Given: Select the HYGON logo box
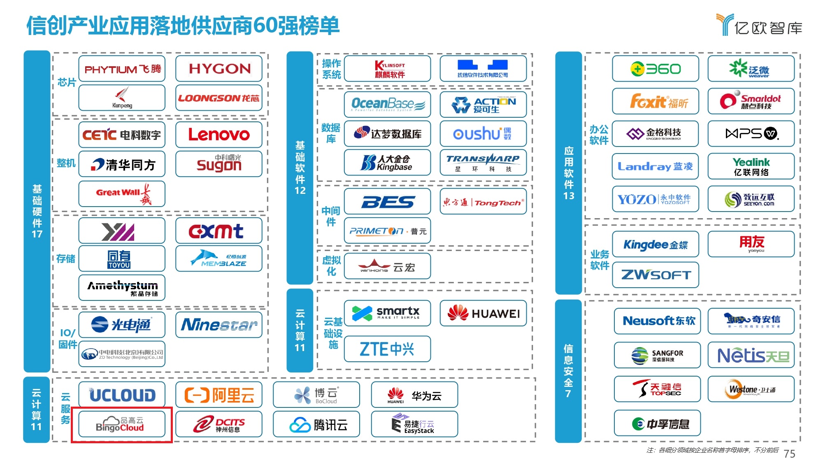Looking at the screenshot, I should (219, 69).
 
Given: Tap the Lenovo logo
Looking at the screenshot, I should (219, 135).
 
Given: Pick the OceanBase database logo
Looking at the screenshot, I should (387, 104).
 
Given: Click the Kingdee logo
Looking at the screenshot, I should (655, 244).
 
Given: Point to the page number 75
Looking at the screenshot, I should (789, 454).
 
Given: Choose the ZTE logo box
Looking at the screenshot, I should (387, 349).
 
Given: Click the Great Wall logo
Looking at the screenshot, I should (122, 193).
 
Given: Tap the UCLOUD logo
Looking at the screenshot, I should (122, 395).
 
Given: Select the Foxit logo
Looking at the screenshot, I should (655, 101).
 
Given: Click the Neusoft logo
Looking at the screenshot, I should (657, 321).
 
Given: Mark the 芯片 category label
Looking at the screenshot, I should (66, 82).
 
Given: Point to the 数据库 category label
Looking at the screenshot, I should (331, 133).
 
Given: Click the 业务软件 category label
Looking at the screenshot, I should (599, 260).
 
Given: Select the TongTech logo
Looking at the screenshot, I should (483, 202).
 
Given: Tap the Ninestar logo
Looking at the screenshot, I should (219, 325).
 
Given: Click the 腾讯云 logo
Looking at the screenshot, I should (316, 424).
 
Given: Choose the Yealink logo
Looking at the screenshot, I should (751, 166).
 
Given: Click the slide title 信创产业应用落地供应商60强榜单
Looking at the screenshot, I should (183, 26).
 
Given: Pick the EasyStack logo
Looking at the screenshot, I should (414, 424).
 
